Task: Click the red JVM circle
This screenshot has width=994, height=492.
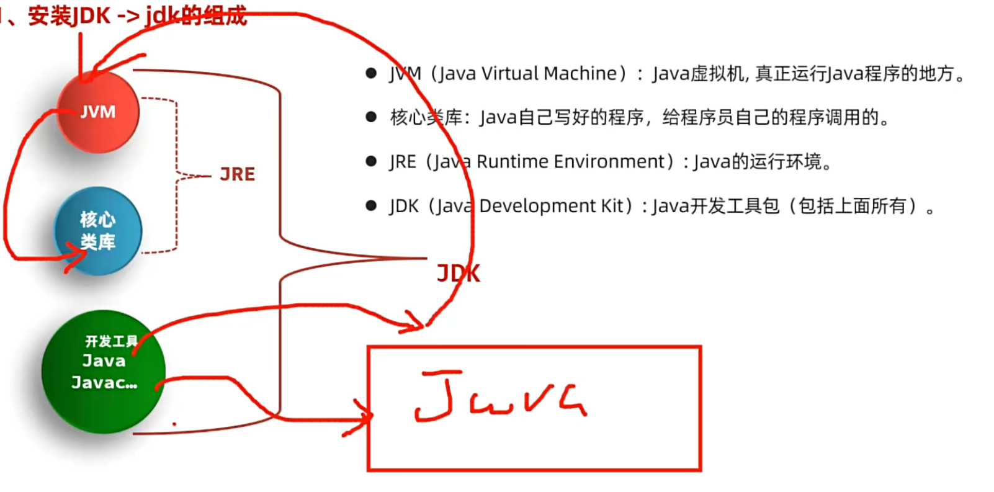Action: point(98,112)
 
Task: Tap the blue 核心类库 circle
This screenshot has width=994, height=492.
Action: point(98,231)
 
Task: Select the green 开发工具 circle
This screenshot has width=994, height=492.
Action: point(103,371)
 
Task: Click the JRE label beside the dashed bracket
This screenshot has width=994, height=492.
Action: point(237,174)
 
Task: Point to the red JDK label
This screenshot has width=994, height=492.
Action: point(458,274)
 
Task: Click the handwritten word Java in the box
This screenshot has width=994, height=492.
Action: point(499,397)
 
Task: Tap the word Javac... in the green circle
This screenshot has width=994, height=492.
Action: point(104,383)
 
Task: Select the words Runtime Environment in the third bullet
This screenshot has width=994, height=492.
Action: point(570,162)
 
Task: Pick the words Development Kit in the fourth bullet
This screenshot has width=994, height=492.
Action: point(552,206)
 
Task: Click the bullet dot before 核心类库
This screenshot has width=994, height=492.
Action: point(371,117)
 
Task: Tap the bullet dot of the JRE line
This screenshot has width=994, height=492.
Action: point(371,162)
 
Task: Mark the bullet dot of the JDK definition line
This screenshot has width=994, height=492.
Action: point(371,206)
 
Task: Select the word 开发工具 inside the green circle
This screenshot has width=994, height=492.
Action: point(111,341)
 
